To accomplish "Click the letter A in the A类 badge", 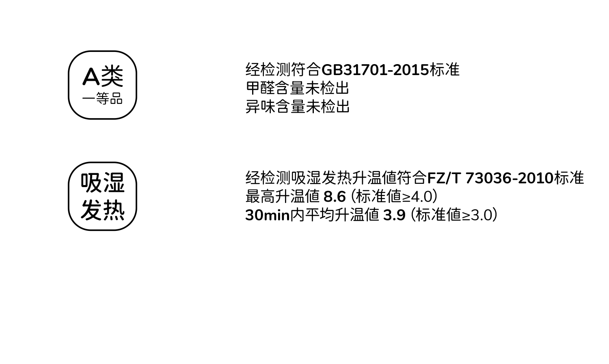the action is [x=91, y=76].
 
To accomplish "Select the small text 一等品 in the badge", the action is [x=102, y=99].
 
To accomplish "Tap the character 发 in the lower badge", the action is [x=91, y=210].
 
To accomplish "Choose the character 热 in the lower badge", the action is [x=114, y=210].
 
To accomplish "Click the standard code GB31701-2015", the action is [x=375, y=70].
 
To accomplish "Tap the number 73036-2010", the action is [x=509, y=178].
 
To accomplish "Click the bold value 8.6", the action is [x=335, y=197].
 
